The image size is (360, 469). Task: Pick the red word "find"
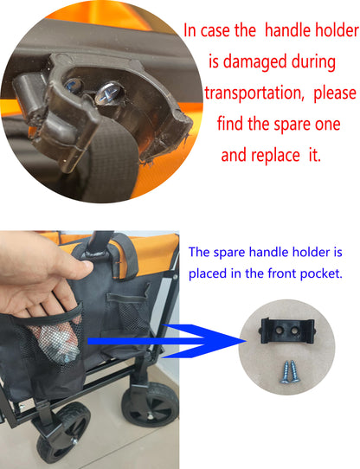pyautogui.click(x=230, y=123)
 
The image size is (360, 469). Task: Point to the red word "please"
pyautogui.click(x=335, y=93)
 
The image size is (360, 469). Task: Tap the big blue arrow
pyautogui.click(x=166, y=341)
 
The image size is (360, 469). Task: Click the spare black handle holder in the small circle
pyautogui.click(x=288, y=331)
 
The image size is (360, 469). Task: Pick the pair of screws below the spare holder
pyautogui.click(x=290, y=372)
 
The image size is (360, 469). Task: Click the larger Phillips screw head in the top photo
pyautogui.click(x=108, y=93)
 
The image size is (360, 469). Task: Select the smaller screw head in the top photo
pyautogui.click(x=73, y=86)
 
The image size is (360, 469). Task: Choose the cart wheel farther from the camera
pyautogui.click(x=151, y=403)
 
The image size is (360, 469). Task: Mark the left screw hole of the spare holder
pyautogui.click(x=280, y=331)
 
